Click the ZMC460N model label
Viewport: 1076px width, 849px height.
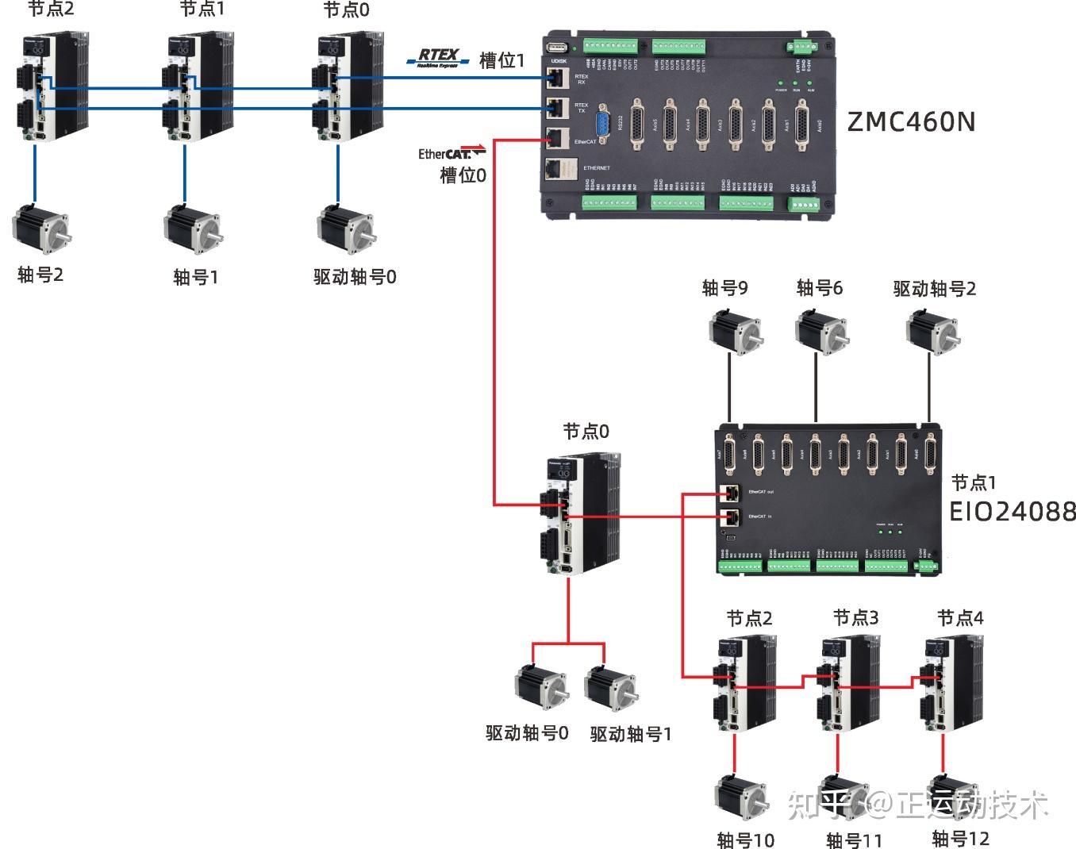click(911, 121)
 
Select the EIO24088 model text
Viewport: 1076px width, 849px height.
click(1013, 512)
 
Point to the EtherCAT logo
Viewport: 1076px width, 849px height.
click(449, 152)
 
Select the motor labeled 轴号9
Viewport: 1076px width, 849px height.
click(736, 331)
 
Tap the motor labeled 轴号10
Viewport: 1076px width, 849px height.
click(740, 797)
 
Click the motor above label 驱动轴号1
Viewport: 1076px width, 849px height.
click(610, 687)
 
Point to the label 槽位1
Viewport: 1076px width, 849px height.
click(501, 60)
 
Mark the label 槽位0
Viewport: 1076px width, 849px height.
click(463, 175)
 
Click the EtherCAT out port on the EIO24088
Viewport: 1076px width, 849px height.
click(731, 493)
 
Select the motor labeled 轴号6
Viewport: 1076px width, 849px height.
click(821, 332)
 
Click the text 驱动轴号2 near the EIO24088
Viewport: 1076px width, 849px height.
click(934, 289)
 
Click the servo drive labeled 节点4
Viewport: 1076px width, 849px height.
click(950, 683)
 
